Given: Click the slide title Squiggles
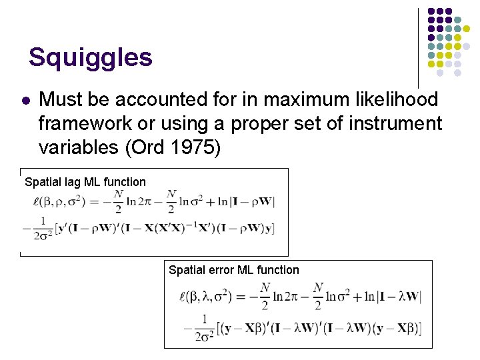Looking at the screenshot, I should click(91, 58).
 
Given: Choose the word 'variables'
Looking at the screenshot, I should click(79, 147).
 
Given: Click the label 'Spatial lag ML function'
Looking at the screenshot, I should click(85, 182).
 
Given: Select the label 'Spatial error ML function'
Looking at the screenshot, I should click(234, 270).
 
